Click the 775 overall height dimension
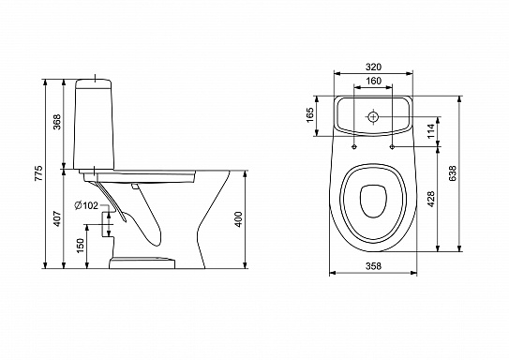click(38, 173)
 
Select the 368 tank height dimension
click(57, 122)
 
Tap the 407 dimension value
click(57, 218)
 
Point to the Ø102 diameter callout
click(86, 205)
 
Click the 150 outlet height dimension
click(81, 246)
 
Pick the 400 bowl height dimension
click(239, 219)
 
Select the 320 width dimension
click(373, 67)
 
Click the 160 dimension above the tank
click(373, 81)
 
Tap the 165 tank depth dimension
click(310, 115)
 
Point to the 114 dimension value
click(431, 131)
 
